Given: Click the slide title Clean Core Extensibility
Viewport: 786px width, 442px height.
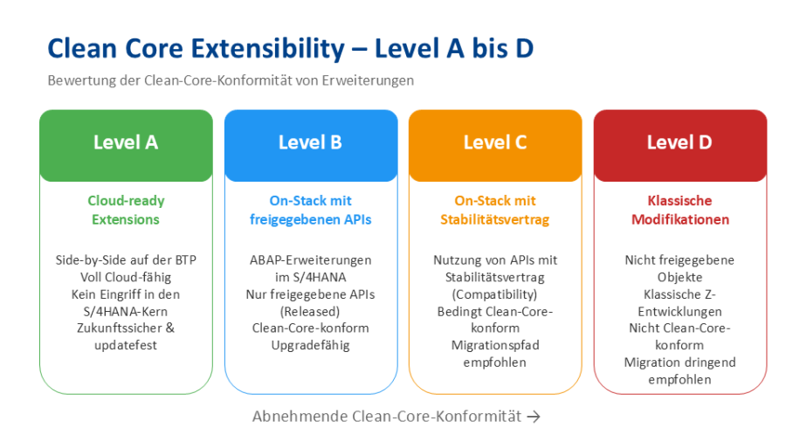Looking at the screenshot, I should (290, 47).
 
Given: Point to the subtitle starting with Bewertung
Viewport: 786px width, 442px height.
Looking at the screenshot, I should (231, 80).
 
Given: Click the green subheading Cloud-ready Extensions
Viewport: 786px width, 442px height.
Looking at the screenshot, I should (126, 210).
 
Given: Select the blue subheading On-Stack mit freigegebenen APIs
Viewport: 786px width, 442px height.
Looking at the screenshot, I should (310, 210).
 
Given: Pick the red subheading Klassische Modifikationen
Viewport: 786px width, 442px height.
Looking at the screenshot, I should (679, 210).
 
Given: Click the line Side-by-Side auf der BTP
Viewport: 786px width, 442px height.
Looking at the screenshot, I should (126, 260).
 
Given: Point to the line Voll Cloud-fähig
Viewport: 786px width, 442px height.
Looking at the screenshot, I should (126, 277).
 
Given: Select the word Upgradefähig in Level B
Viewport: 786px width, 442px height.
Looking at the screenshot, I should (310, 345).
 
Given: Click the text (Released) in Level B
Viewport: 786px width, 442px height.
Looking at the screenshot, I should (310, 311).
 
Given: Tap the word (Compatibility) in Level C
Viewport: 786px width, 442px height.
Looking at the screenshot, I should (494, 294).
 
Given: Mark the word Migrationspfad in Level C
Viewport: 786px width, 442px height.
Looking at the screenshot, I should (494, 345).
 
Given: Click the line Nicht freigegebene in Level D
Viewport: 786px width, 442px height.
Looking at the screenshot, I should (679, 260).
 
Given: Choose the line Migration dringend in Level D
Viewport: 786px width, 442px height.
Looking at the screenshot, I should (679, 363).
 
